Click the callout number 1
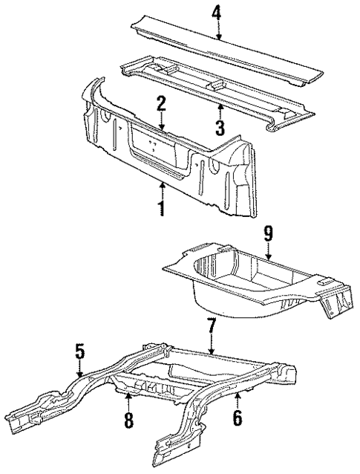[x=161, y=208]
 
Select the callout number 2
[x=160, y=104]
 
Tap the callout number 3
[x=220, y=127]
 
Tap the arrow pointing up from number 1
[x=161, y=189]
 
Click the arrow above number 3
[x=220, y=110]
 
